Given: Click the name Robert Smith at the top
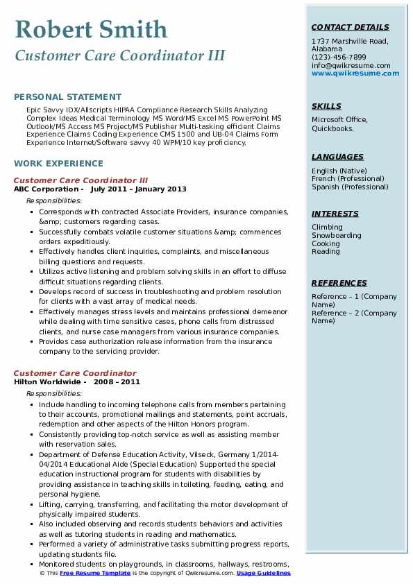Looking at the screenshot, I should click(x=90, y=29).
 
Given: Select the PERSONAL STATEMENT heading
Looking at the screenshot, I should click(x=67, y=97).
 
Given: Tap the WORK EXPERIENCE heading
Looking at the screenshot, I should click(x=58, y=164).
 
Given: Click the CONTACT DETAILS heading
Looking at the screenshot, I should click(x=350, y=28).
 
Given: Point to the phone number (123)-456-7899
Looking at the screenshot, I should click(x=339, y=58).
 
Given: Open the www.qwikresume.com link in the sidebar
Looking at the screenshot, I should click(x=351, y=73).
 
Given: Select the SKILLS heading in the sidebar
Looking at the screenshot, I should click(x=326, y=106).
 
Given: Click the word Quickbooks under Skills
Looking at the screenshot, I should click(x=332, y=128).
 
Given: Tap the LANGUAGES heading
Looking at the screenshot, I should click(x=337, y=157).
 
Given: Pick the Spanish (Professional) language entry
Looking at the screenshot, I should click(x=350, y=187).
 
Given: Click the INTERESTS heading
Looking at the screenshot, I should click(x=335, y=214).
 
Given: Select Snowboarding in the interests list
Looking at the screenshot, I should click(x=336, y=236).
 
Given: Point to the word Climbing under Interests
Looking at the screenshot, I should click(x=327, y=227).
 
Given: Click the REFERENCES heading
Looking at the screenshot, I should click(x=339, y=283).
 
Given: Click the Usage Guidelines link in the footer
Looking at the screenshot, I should click(x=263, y=574).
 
